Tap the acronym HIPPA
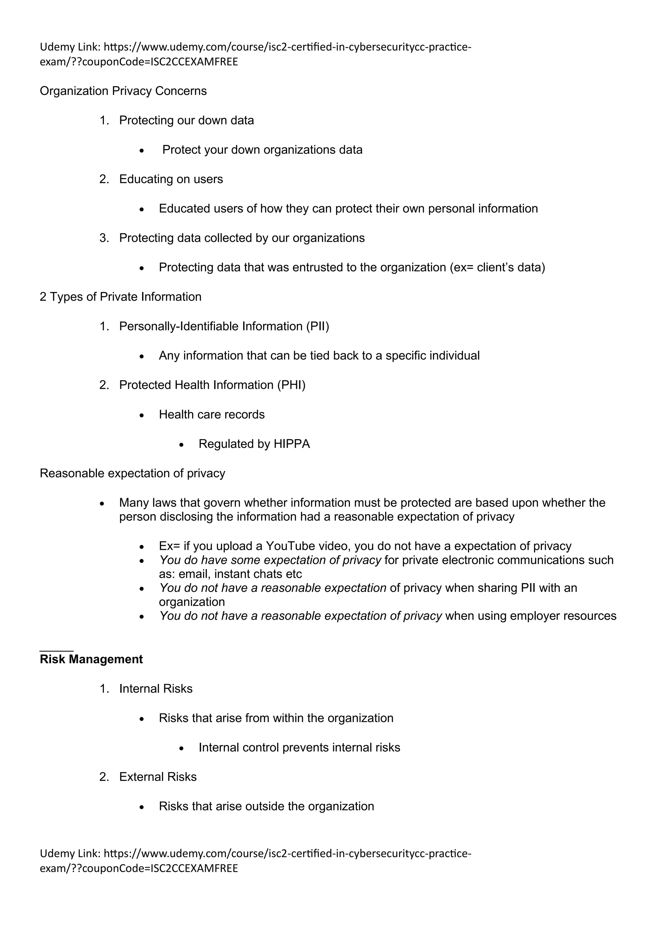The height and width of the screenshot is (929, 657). point(291,444)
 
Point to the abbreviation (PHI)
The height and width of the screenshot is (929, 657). point(291,385)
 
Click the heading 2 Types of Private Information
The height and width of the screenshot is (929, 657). point(121,297)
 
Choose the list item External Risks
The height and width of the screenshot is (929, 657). point(158,777)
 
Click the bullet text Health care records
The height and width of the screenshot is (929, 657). point(212,414)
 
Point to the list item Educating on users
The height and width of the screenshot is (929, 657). point(171,179)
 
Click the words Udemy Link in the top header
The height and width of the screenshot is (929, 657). point(70,47)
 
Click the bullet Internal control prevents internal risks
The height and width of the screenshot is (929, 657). point(299,747)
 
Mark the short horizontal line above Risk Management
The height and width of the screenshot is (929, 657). point(57,651)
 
